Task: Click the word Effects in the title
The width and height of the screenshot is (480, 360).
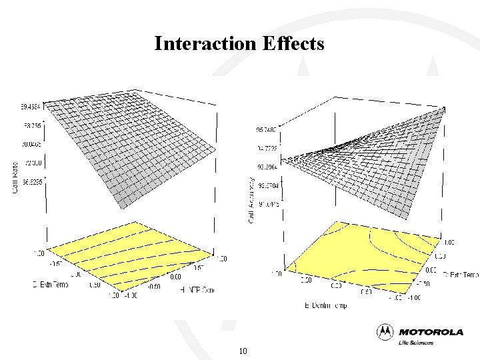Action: coord(293,44)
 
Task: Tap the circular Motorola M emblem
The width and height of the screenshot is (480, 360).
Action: coord(385,331)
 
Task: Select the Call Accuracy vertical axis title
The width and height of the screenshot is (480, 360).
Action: coord(251,199)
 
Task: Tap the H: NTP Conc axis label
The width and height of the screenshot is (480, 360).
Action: coord(197,289)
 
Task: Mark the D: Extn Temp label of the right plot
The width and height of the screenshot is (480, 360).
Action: coord(459,274)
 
